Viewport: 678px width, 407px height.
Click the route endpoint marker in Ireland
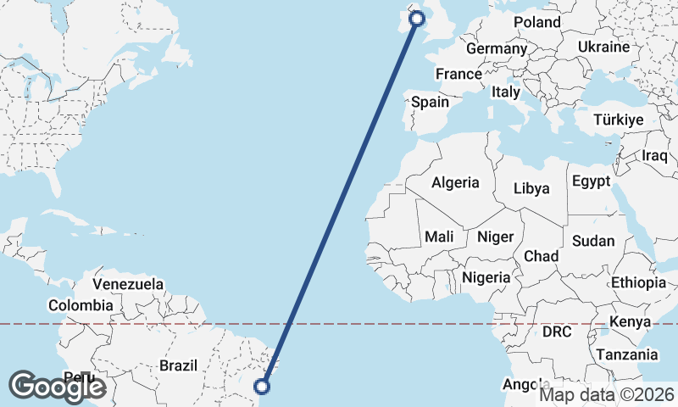click(417, 18)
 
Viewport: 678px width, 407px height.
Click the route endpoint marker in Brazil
click(262, 387)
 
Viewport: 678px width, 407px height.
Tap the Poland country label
click(537, 21)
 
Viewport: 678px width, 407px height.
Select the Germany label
click(497, 49)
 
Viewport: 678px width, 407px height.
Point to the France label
click(458, 74)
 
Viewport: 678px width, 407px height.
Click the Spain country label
click(430, 102)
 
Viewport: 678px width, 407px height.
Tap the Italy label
click(506, 91)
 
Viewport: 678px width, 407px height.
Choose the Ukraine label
click(603, 47)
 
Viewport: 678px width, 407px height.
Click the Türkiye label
click(618, 120)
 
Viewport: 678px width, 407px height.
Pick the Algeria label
click(455, 182)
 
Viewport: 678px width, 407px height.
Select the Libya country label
click(531, 187)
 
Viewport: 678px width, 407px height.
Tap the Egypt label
click(591, 181)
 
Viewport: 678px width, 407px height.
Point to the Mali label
click(445, 237)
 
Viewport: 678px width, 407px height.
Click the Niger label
click(496, 237)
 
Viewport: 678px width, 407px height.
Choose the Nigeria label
click(486, 276)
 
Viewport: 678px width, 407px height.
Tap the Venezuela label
click(128, 284)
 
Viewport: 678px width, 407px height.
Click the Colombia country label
click(81, 305)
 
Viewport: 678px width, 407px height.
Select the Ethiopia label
click(638, 282)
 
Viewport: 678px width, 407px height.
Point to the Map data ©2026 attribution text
click(607, 394)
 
